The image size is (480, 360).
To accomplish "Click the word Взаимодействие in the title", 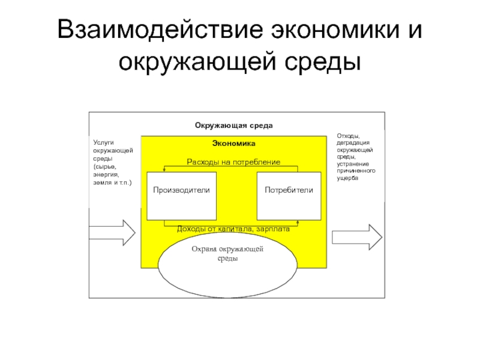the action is (x=160, y=31).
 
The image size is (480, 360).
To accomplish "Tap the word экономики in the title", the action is (x=335, y=31).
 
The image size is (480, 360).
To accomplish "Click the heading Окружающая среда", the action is (x=233, y=125).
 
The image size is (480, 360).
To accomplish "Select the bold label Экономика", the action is (x=233, y=143).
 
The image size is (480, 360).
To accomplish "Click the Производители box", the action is (x=182, y=196).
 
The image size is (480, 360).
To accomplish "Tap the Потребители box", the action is (x=289, y=196).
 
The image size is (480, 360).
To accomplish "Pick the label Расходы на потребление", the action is (x=233, y=161).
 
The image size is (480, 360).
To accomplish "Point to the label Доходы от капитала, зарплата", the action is (x=233, y=229).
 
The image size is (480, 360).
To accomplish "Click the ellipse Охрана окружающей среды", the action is (x=227, y=265).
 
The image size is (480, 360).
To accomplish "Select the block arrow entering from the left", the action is (x=112, y=233).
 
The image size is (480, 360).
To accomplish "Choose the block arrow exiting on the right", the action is (x=357, y=237).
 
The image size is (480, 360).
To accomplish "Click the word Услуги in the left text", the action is (x=103, y=142).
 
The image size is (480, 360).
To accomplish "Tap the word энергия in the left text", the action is (x=106, y=175).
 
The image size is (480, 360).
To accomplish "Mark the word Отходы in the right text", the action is (x=349, y=136).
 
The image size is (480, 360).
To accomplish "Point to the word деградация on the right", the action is (x=353, y=143).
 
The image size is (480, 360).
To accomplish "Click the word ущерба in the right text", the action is (x=347, y=178).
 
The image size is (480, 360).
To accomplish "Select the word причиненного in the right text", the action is (x=356, y=171).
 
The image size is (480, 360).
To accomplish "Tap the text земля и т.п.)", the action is (x=112, y=182).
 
